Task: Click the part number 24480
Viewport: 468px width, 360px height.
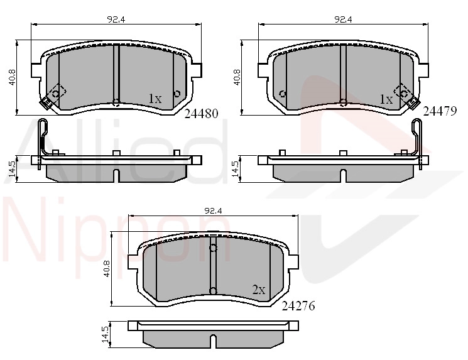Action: click(202, 114)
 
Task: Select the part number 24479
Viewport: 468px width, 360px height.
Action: click(440, 111)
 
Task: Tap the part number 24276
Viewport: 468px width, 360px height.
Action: click(298, 306)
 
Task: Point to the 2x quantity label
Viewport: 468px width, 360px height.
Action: click(258, 290)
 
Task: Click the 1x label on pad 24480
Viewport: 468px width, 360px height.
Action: click(155, 99)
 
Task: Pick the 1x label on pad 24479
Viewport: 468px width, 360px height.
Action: click(386, 99)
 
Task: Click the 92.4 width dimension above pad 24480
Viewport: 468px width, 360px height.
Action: click(116, 19)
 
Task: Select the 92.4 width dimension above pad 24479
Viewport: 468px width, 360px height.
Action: click(343, 19)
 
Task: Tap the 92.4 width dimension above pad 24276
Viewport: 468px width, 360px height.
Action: click(213, 211)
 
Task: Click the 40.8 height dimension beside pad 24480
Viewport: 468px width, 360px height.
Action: click(12, 78)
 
